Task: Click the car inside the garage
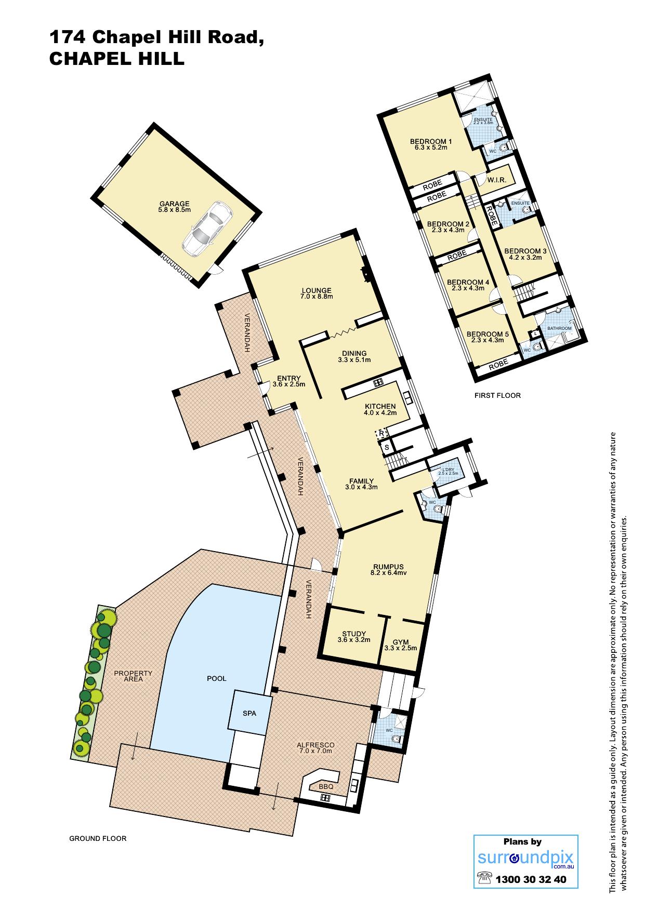click(207, 229)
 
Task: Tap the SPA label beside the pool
click(249, 714)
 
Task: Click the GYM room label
click(401, 642)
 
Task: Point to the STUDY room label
click(354, 634)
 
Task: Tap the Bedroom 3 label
click(525, 251)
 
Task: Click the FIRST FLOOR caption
click(497, 395)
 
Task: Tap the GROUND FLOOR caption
click(98, 838)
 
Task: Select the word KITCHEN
click(380, 406)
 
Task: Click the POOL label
click(217, 678)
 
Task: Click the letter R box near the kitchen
click(381, 433)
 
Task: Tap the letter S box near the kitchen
click(386, 447)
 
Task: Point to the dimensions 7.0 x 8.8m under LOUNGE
click(317, 297)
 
